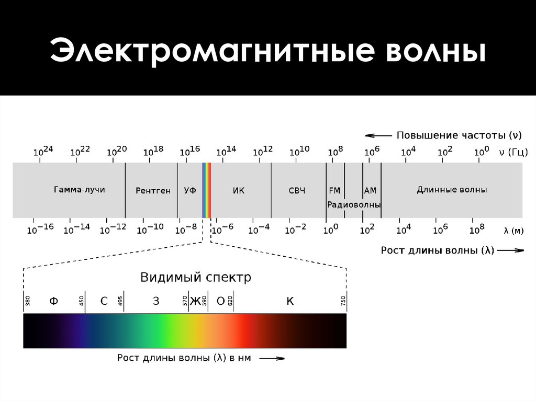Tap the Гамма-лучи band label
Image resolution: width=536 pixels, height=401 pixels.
click(79, 190)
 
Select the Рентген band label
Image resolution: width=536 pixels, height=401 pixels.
click(153, 191)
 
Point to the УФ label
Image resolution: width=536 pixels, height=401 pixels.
click(190, 191)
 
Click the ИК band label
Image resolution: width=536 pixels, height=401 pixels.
click(238, 191)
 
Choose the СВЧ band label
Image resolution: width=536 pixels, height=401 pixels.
click(297, 191)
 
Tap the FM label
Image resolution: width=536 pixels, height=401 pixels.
click(335, 191)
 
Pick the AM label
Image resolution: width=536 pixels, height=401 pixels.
click(370, 191)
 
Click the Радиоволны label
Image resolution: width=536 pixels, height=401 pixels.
click(354, 204)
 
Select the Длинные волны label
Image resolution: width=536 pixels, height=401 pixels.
click(452, 190)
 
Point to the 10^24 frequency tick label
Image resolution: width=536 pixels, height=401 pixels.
click(43, 151)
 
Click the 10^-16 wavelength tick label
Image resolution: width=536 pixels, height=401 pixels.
click(40, 229)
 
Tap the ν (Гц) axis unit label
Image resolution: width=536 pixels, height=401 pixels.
click(509, 152)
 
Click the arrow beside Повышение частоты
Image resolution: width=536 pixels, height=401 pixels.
click(377, 135)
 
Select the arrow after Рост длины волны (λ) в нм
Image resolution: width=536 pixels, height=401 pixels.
click(272, 359)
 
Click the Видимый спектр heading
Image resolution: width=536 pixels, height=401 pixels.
click(195, 277)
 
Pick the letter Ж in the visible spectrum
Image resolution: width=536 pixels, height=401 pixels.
click(195, 301)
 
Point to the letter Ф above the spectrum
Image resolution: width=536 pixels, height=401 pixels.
click(53, 301)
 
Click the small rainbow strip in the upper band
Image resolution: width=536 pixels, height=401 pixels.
click(207, 190)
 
